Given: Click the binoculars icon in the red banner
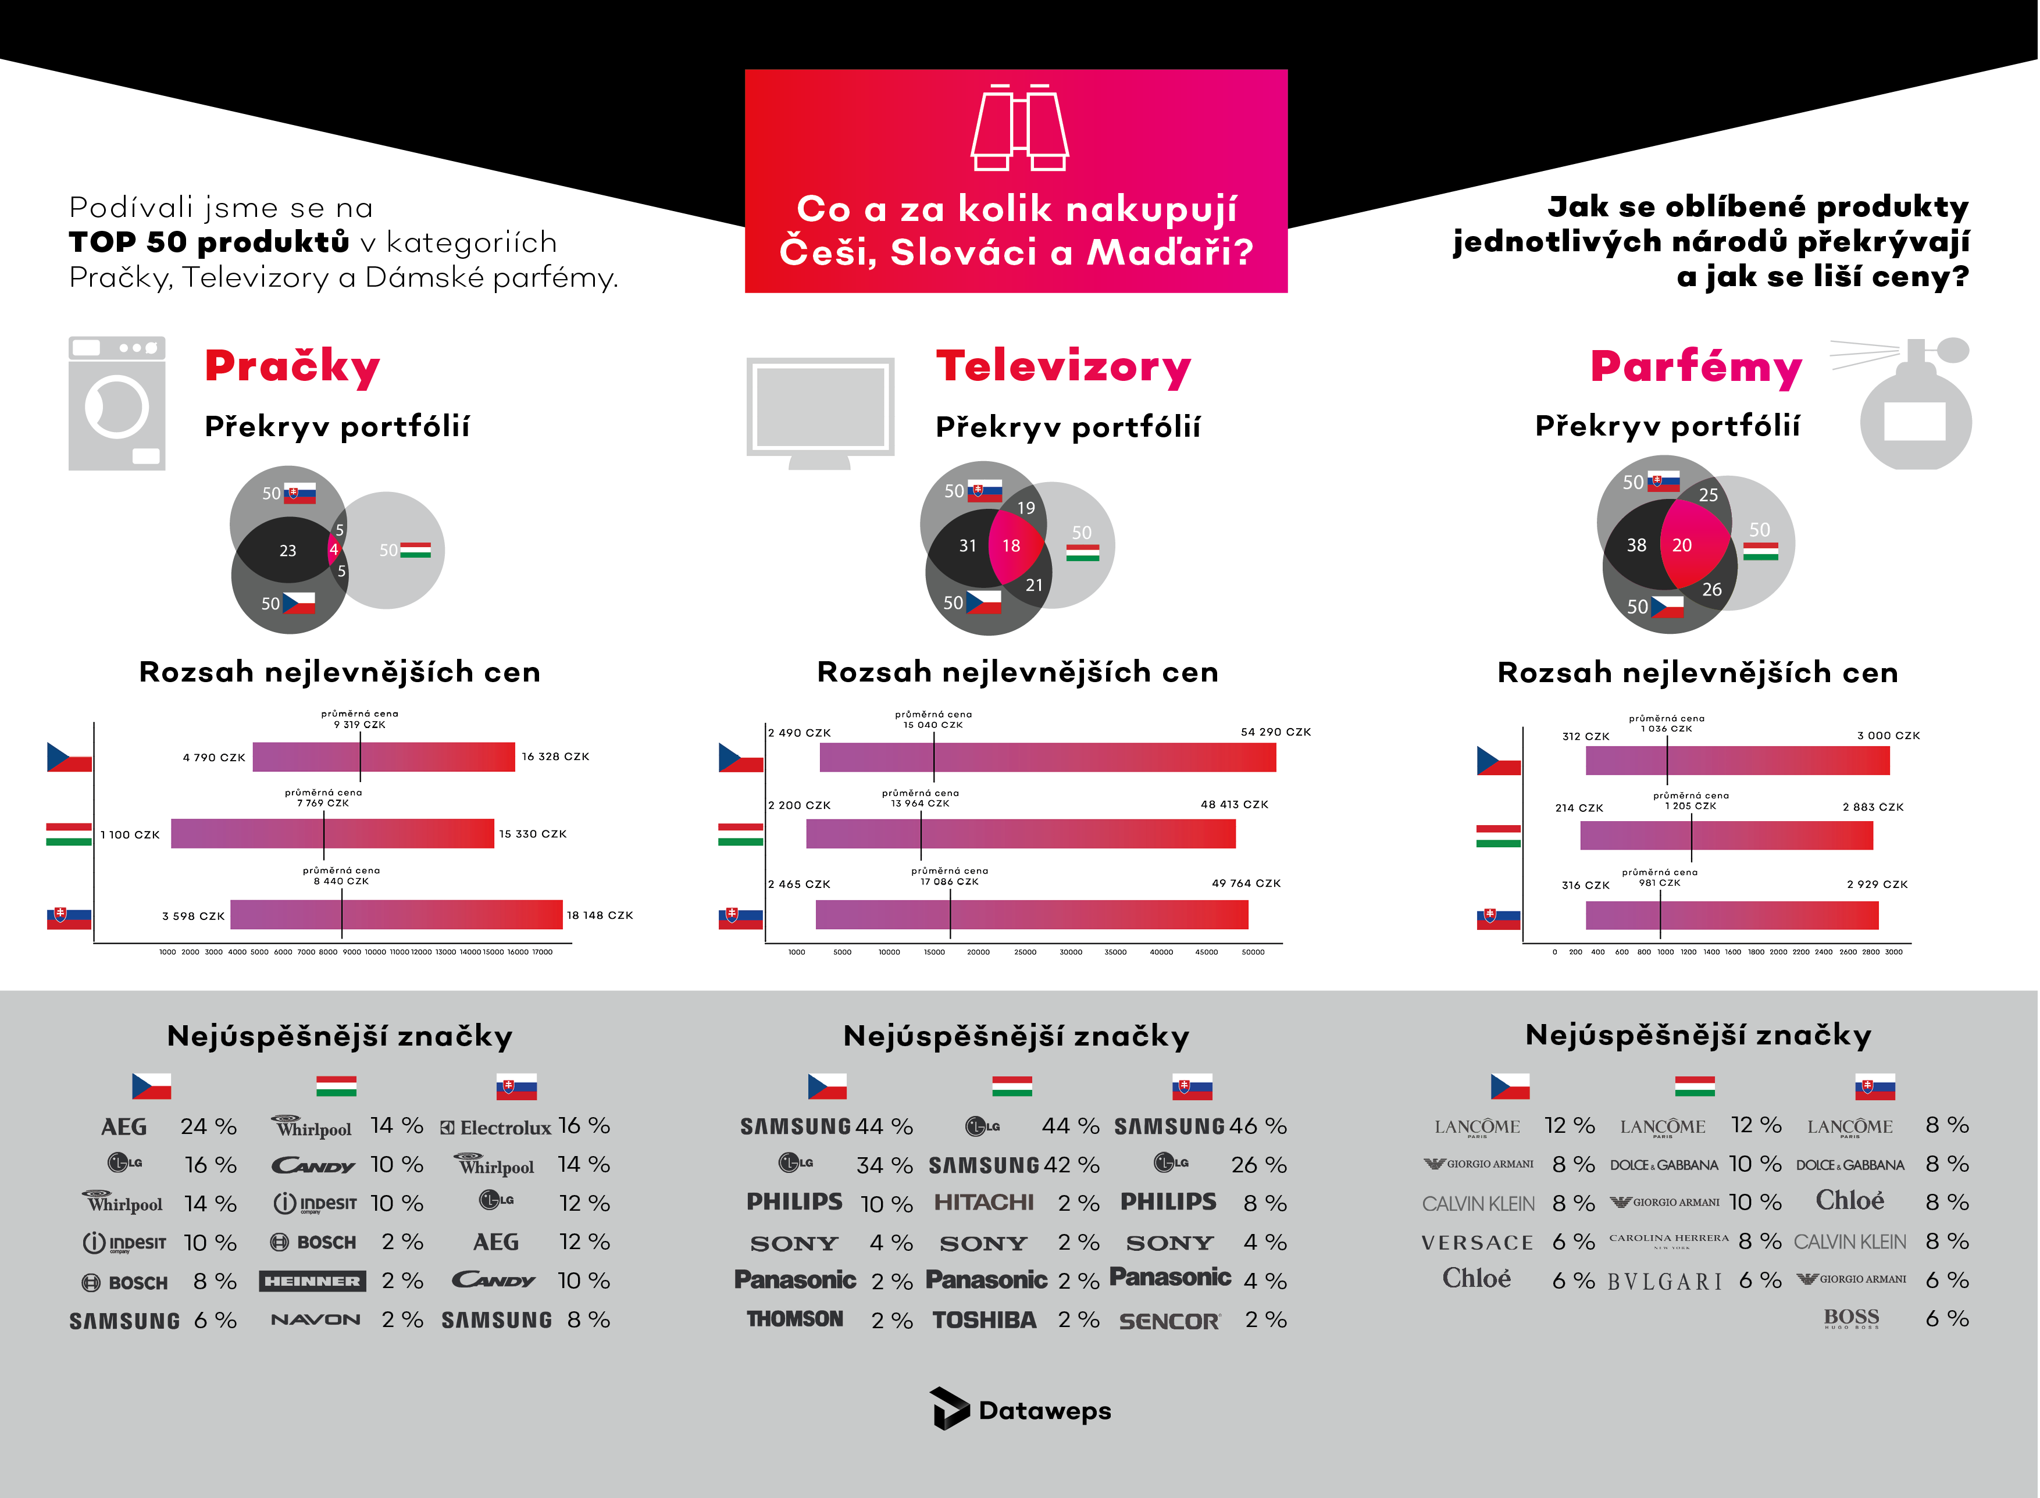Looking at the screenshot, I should (1019, 128).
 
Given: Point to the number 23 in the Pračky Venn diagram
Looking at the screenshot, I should (287, 551).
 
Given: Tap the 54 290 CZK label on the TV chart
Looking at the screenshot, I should (1275, 732).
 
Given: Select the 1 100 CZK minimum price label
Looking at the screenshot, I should (130, 834).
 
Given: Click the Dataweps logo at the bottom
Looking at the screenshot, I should (1020, 1410).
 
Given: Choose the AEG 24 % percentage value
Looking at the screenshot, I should (209, 1126).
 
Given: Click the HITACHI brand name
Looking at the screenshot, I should (984, 1203).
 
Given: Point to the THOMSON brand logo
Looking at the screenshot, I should (795, 1319).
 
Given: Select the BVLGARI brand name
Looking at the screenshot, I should (1665, 1281).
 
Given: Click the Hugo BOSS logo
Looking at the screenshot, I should (1852, 1318).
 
